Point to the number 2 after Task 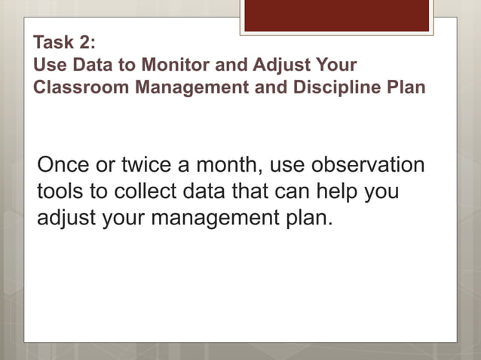point(86,43)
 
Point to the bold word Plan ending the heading point(408,87)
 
